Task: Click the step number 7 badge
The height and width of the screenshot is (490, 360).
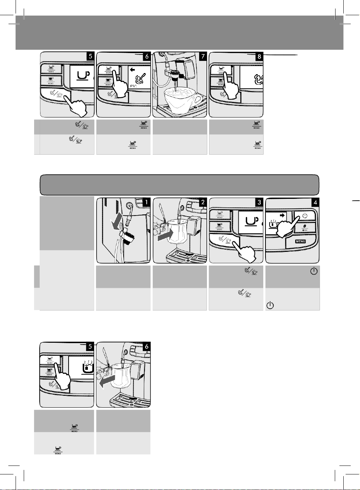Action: (203, 56)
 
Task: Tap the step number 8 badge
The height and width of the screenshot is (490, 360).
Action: (259, 56)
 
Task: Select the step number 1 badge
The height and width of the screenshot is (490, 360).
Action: (146, 202)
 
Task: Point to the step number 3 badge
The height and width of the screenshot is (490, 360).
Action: (259, 202)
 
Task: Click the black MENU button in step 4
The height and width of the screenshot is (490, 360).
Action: (300, 241)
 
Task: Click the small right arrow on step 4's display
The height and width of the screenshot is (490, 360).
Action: (282, 215)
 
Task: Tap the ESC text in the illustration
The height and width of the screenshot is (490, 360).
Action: (133, 86)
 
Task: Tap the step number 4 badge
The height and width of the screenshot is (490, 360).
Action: (316, 202)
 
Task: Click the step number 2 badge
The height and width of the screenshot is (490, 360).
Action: (203, 202)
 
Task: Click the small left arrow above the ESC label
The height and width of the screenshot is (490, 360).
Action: (133, 69)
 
